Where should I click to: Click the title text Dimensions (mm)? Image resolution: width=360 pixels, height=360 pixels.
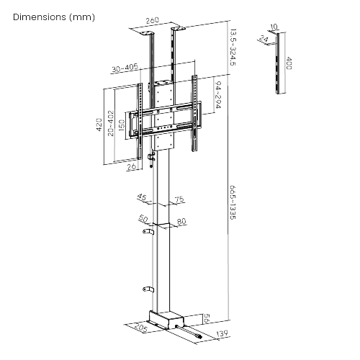click(x=48, y=16)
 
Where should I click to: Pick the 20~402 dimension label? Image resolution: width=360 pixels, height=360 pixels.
click(x=110, y=124)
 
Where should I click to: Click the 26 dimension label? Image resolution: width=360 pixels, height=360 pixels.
click(x=131, y=168)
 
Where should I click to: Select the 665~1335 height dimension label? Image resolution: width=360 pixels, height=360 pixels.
click(x=232, y=204)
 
